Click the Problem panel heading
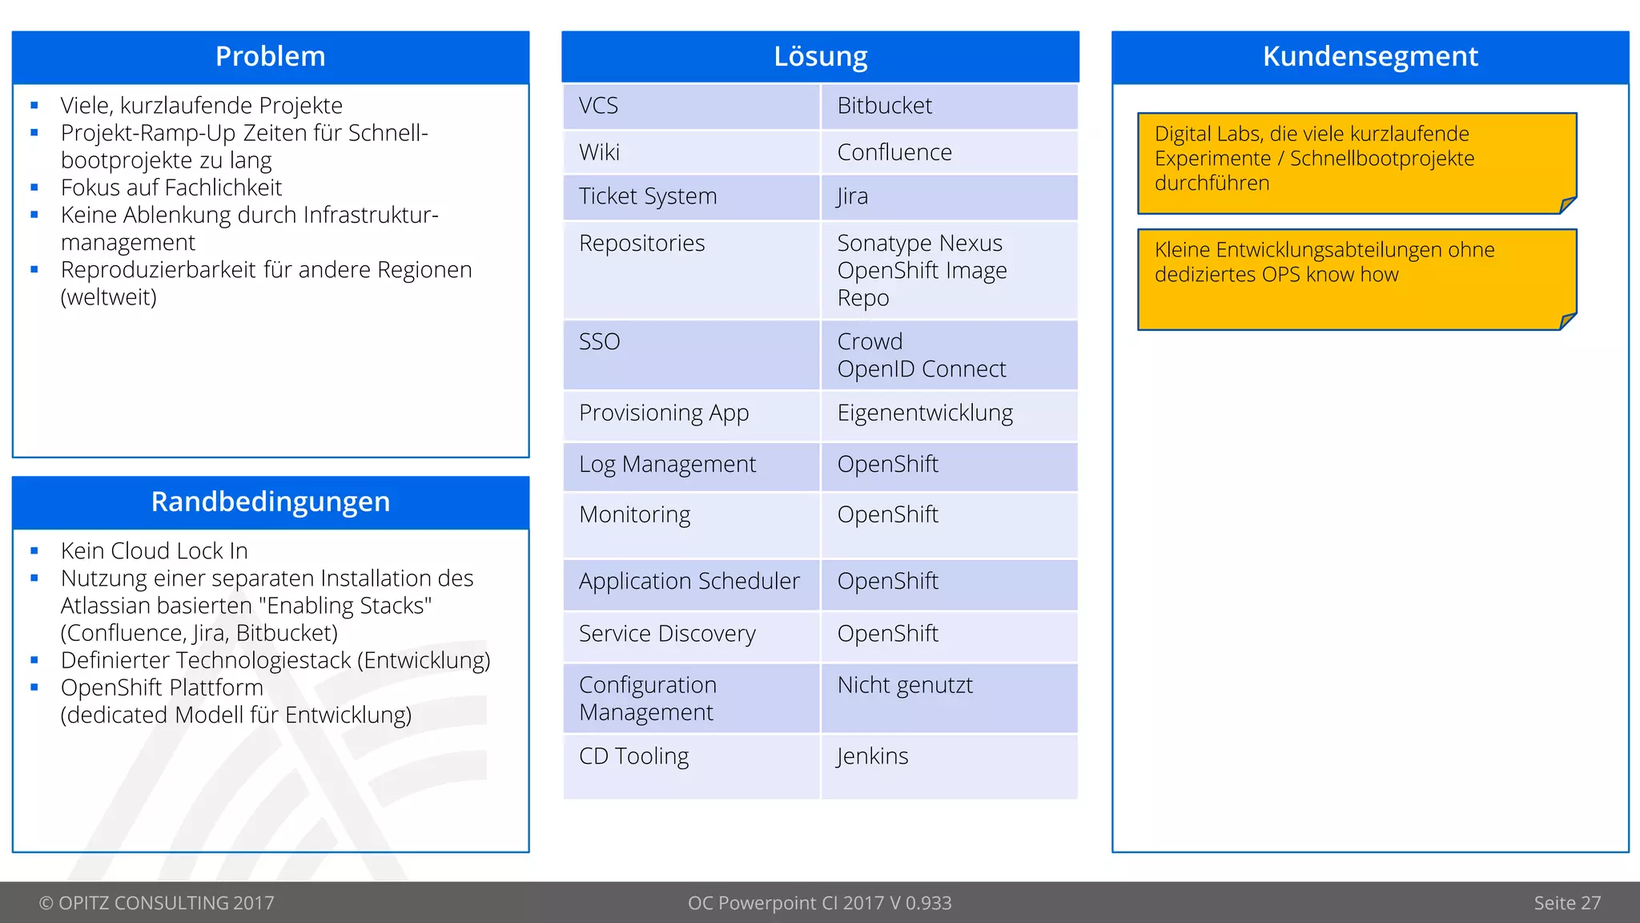point(270,57)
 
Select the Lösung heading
point(820,57)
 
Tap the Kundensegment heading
point(1369,57)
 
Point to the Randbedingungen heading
point(270,502)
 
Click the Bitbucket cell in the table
point(884,106)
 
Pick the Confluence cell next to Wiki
point(894,152)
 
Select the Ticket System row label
point(647,196)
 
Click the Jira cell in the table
point(852,196)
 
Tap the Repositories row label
point(641,243)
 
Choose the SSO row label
point(599,342)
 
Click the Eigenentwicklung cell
point(924,413)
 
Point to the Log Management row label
point(667,465)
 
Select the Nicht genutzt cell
point(905,686)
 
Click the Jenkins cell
point(872,756)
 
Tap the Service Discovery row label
point(667,634)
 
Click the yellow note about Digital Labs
point(1357,163)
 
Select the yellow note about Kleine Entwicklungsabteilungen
point(1357,279)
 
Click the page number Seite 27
point(1566,903)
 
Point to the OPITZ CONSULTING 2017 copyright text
point(157,903)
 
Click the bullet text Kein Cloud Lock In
point(154,551)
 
